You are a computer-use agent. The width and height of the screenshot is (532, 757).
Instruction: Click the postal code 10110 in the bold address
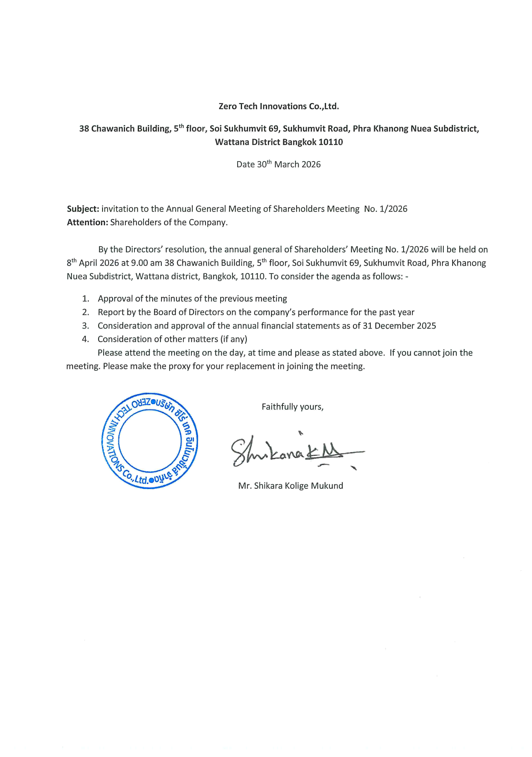(x=331, y=142)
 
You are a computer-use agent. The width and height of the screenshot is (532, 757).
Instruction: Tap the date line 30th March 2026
(x=279, y=164)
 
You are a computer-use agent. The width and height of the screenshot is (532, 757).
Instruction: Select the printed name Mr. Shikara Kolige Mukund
(x=290, y=486)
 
